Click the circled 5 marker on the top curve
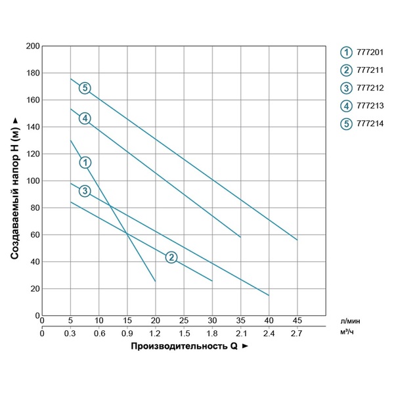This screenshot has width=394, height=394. (x=85, y=88)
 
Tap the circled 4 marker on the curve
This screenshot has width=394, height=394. (x=85, y=118)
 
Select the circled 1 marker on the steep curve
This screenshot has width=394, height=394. (x=85, y=162)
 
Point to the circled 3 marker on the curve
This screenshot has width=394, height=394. (x=85, y=190)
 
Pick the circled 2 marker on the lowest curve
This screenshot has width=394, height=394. (x=171, y=257)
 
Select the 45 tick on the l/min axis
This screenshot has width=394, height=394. (x=297, y=321)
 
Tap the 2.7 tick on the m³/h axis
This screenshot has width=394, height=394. (x=297, y=333)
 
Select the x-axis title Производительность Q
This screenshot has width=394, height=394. (x=183, y=345)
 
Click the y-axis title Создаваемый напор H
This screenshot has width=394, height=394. (x=14, y=181)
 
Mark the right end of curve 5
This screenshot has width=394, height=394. (x=297, y=240)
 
